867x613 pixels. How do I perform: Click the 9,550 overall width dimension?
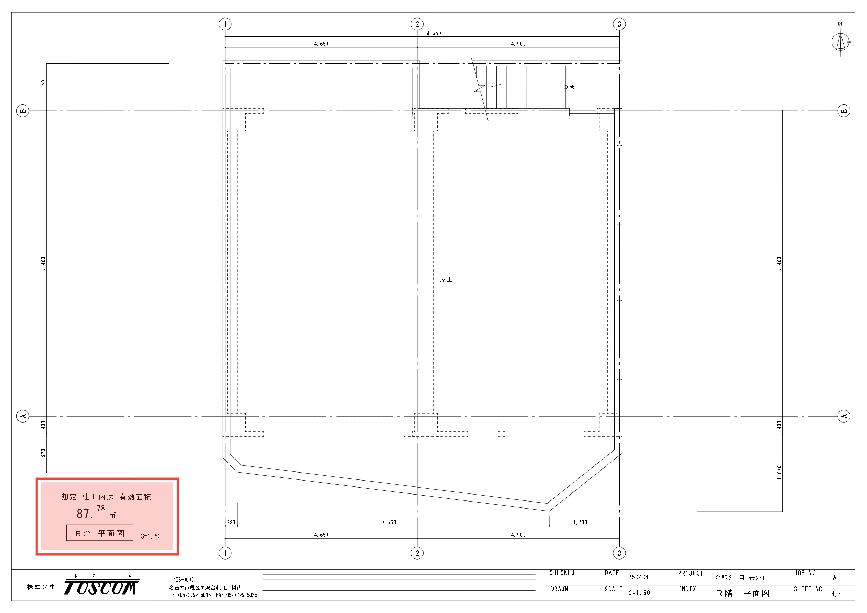(x=433, y=33)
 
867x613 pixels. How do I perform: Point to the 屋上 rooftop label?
(x=446, y=280)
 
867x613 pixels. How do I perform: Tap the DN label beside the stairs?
(x=572, y=87)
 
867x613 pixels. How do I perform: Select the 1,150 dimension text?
(x=43, y=87)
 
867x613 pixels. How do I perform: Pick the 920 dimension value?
(x=43, y=453)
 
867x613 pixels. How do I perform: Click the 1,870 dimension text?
(x=779, y=473)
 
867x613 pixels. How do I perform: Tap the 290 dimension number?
(x=231, y=522)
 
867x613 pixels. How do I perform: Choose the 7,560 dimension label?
(x=389, y=522)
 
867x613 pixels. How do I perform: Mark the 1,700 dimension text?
(x=580, y=522)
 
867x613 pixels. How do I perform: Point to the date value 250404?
(x=638, y=577)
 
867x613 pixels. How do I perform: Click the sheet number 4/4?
(x=837, y=594)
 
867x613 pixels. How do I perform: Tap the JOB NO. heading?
(x=806, y=573)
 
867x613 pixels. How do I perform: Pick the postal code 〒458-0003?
(x=181, y=579)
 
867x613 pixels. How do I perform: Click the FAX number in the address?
(x=236, y=595)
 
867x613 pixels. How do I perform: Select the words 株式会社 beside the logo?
(x=41, y=586)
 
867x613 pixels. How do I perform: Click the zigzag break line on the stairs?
(x=479, y=89)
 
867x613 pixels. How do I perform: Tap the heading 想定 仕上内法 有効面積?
(x=107, y=497)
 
